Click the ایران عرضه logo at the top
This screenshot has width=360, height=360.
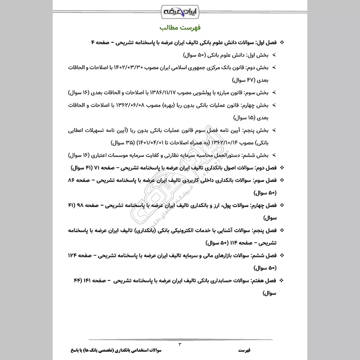tap(180, 10)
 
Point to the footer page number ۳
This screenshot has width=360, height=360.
tap(180, 345)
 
